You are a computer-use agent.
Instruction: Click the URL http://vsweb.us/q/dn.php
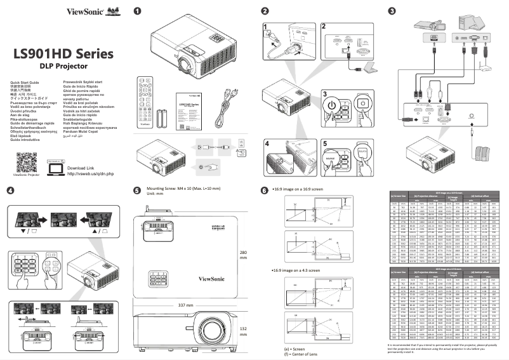click(90, 173)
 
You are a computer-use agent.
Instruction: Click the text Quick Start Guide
click(25, 83)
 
